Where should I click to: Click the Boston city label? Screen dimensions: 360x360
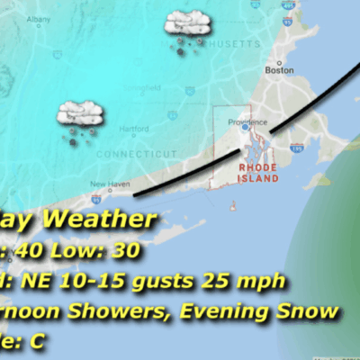[x=280, y=69]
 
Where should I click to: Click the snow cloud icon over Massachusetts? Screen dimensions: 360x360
[x=185, y=30]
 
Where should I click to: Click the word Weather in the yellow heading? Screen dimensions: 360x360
[x=97, y=220]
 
